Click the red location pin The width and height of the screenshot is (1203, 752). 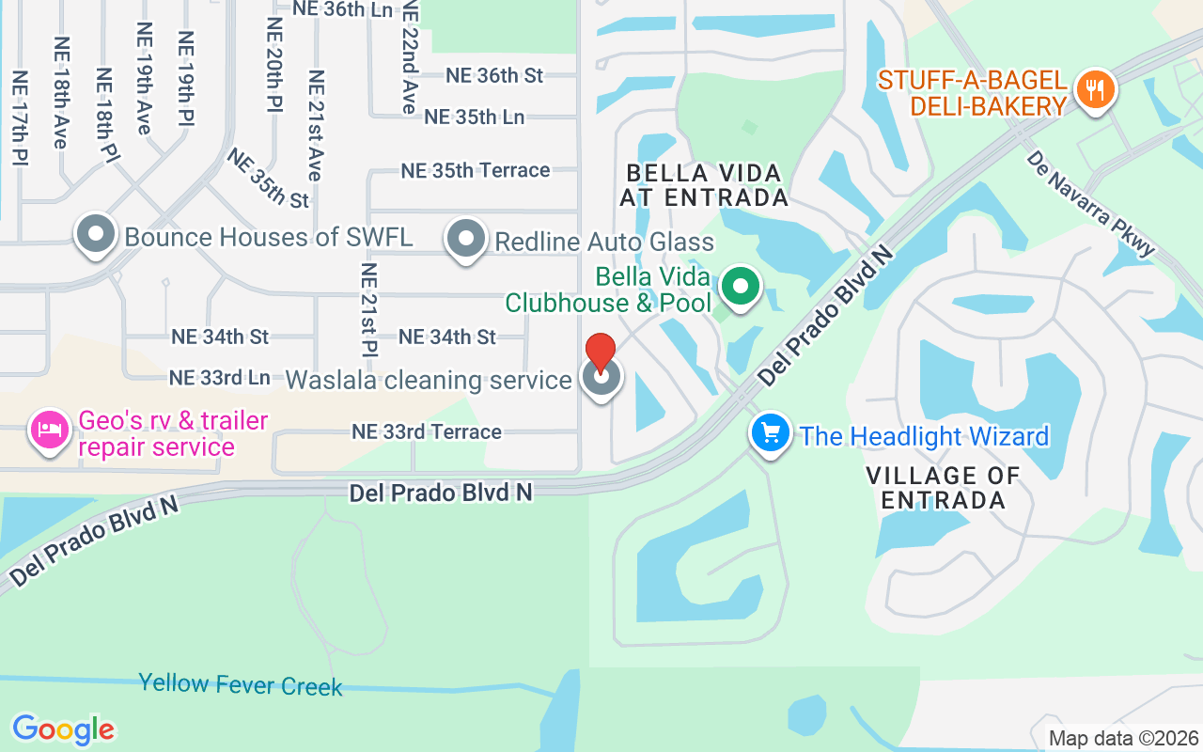click(601, 354)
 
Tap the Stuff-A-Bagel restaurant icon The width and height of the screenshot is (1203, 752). click(1093, 91)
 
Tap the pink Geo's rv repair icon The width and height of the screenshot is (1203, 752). click(49, 431)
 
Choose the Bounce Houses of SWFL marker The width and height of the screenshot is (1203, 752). click(96, 235)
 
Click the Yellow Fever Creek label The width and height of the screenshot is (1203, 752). click(241, 684)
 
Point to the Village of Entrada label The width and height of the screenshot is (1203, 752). click(943, 487)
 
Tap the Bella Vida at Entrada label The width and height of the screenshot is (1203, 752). click(704, 185)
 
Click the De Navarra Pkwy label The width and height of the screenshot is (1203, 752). click(1090, 203)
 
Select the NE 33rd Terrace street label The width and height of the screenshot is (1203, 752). click(427, 431)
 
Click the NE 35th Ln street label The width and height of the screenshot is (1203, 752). click(474, 117)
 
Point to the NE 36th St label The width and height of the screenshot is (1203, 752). click(494, 75)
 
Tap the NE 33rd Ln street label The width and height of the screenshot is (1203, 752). click(220, 377)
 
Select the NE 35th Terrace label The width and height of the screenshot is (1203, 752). click(475, 170)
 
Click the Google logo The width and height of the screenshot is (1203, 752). click(63, 728)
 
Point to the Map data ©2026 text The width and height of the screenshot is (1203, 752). click(1123, 738)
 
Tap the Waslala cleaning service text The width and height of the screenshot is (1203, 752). click(429, 380)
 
